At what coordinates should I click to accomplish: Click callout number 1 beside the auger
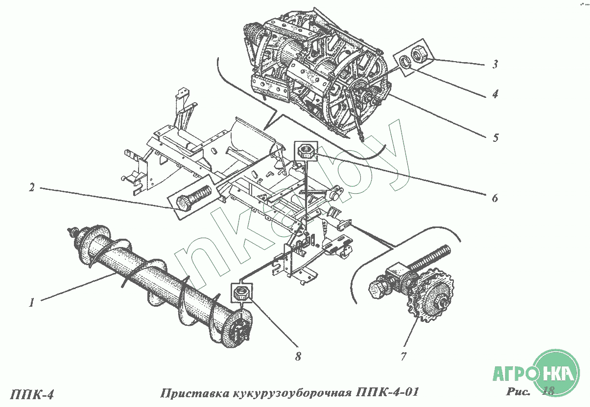pyautogui.click(x=32, y=302)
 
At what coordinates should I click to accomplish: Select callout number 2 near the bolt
pyautogui.click(x=32, y=187)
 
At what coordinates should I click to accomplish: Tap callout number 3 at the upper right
pyautogui.click(x=496, y=64)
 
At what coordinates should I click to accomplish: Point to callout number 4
pyautogui.click(x=496, y=94)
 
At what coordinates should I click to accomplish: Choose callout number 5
pyautogui.click(x=496, y=137)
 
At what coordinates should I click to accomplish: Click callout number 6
pyautogui.click(x=495, y=198)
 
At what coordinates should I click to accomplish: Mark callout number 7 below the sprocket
pyautogui.click(x=403, y=357)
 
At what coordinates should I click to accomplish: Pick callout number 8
pyautogui.click(x=298, y=357)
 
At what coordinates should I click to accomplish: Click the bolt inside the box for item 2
pyautogui.click(x=193, y=199)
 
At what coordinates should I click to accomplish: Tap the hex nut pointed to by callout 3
pyautogui.click(x=418, y=54)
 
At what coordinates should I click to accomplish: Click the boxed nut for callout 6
pyautogui.click(x=306, y=151)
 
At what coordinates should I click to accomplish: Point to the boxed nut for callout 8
pyautogui.click(x=241, y=293)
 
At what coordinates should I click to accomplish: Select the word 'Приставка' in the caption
pyautogui.click(x=195, y=393)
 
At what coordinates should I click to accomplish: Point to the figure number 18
pyautogui.click(x=548, y=391)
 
